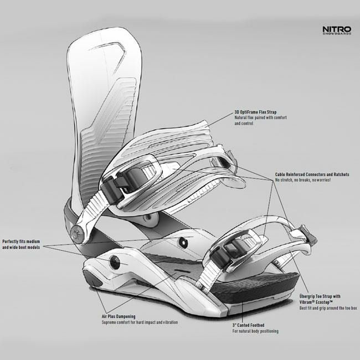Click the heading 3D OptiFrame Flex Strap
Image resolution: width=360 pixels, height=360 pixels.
coord(256,111)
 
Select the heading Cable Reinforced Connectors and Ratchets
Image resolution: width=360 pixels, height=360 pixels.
coord(312,174)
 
